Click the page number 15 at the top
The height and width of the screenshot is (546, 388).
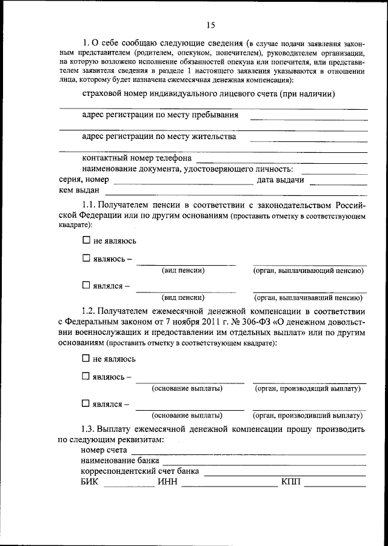[x=210, y=25]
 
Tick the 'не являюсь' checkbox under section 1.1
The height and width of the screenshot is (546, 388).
[x=85, y=240]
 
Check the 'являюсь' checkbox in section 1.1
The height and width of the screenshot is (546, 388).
[x=85, y=258]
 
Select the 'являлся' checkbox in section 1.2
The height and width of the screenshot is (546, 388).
[x=85, y=403]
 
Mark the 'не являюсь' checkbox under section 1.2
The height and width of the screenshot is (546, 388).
[x=85, y=359]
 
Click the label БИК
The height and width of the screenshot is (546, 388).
[x=89, y=482]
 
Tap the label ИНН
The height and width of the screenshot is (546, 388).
[x=167, y=482]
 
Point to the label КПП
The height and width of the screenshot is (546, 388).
[x=290, y=482]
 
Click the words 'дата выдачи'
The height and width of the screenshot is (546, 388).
[x=279, y=180]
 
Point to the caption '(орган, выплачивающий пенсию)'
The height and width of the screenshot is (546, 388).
[x=309, y=271]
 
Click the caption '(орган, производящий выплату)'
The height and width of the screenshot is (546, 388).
[x=308, y=388]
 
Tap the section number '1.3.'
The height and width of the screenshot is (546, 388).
[x=89, y=430]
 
